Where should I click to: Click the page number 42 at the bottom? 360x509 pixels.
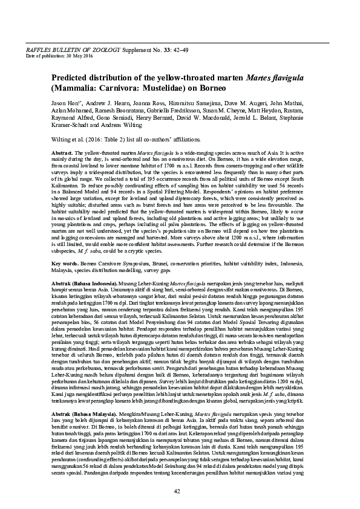tap(177, 490)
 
